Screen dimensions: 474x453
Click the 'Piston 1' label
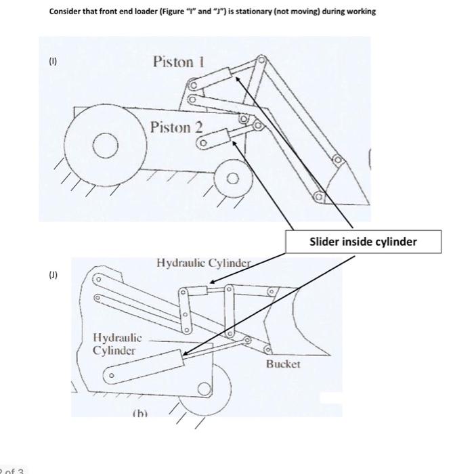point(179,62)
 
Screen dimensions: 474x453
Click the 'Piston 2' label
point(176,127)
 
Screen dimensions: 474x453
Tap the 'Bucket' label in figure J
point(282,364)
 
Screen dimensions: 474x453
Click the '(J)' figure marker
point(53,276)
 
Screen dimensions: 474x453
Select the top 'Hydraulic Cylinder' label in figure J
point(204,262)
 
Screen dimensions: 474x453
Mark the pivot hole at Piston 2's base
point(201,143)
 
